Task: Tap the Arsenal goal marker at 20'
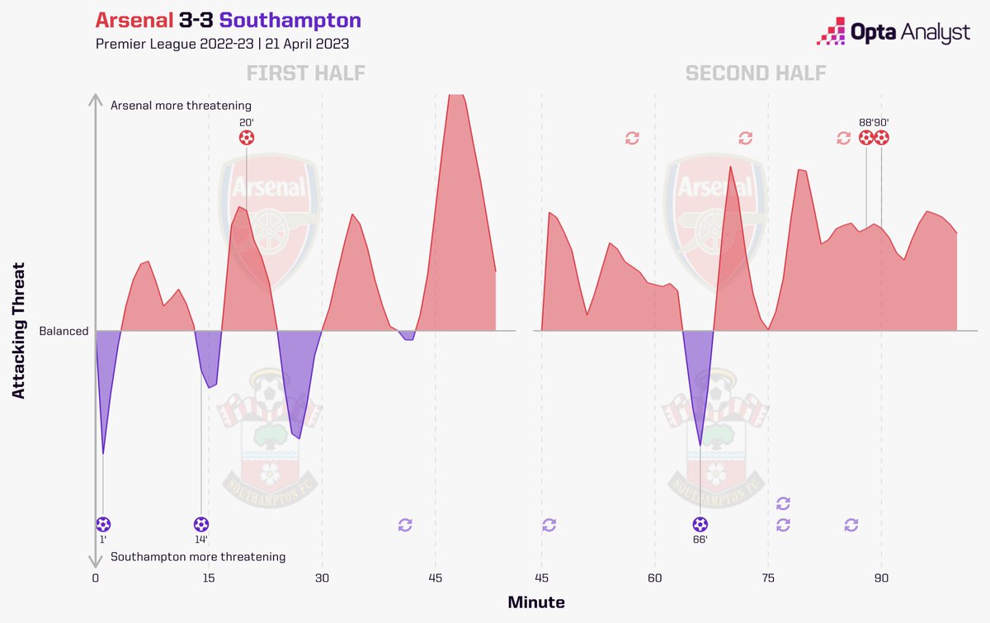click(x=246, y=138)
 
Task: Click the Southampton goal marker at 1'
click(x=103, y=524)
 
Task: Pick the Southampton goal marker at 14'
click(x=201, y=524)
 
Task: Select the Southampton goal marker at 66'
click(x=700, y=524)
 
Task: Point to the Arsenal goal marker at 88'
click(x=865, y=138)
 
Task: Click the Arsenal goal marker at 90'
click(x=881, y=138)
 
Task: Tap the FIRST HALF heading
click(x=305, y=73)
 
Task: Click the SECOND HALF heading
click(x=755, y=73)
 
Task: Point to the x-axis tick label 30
click(x=322, y=578)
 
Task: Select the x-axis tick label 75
click(x=768, y=578)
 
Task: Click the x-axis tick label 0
click(x=96, y=578)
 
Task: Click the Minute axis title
click(x=536, y=602)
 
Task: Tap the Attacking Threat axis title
click(x=19, y=331)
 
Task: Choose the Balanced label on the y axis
click(x=64, y=331)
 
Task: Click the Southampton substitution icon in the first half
click(x=404, y=524)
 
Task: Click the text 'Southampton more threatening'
click(x=198, y=557)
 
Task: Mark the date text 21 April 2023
click(x=309, y=43)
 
